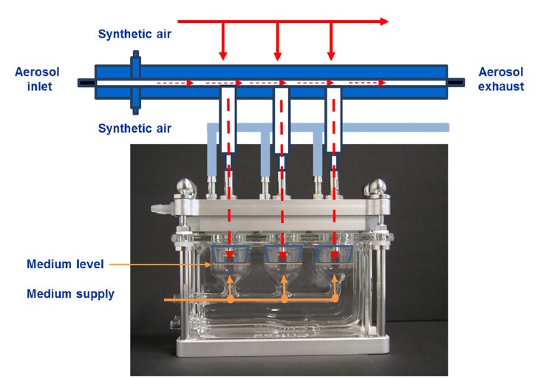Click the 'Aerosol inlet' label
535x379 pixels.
coord(37,79)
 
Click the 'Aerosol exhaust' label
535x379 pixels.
coord(501,79)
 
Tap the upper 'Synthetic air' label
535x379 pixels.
coord(134,34)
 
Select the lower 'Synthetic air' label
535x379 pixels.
coord(134,129)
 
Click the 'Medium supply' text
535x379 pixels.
coord(71,294)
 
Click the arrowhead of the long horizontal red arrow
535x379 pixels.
coord(383,21)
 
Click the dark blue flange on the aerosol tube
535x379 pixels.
coord(134,81)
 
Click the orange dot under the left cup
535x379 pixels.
coord(231,300)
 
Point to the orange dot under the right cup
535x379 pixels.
coord(336,300)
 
